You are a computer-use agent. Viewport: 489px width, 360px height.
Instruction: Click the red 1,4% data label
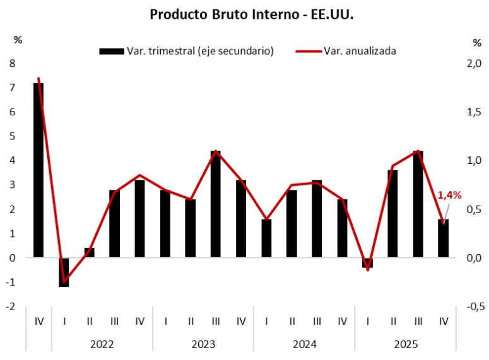pos(449,195)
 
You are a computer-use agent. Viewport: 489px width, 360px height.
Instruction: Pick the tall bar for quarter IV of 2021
pos(39,170)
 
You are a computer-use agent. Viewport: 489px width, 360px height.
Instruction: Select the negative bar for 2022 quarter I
pos(64,272)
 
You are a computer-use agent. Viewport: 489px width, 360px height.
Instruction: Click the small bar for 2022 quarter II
pos(90,252)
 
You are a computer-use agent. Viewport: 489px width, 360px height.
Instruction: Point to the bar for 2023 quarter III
pos(216,204)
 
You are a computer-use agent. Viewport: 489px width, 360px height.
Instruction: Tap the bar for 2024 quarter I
pos(266,238)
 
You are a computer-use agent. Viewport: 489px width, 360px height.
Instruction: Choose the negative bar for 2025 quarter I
pos(368,262)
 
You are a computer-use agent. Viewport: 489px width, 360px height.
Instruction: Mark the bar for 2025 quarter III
pos(418,204)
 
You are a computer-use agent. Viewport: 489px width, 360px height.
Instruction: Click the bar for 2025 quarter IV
pos(444,238)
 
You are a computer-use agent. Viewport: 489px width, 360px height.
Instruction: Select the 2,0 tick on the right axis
pos(473,63)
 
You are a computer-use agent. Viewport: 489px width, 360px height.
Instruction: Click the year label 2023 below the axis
pos(203,344)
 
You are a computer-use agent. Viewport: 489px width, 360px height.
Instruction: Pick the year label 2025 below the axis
pos(406,344)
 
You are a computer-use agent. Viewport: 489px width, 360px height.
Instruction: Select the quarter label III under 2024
pos(317,321)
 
